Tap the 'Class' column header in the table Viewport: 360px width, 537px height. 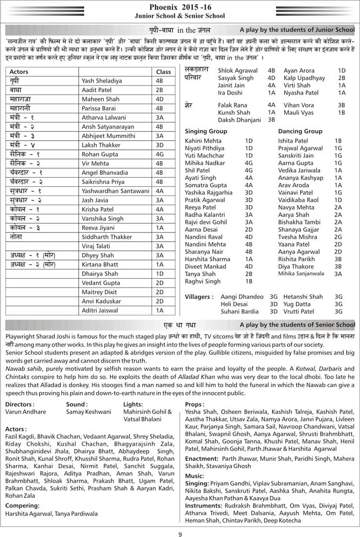164,72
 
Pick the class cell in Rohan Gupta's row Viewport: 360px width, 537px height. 160,155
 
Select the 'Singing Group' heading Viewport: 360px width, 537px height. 206,131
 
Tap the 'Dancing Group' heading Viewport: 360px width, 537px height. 300,131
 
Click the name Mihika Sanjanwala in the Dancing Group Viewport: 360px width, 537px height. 301,274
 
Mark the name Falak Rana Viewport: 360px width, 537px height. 232,105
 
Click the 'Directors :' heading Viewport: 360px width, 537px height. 20,404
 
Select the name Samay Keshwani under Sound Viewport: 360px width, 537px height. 88,412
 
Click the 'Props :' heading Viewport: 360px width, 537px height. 194,404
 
